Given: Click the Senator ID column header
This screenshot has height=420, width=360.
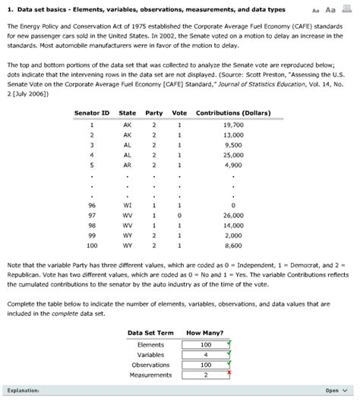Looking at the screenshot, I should click(91, 113).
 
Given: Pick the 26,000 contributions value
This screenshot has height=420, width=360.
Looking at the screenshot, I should click(233, 215).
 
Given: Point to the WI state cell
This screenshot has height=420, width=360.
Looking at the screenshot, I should click(127, 205).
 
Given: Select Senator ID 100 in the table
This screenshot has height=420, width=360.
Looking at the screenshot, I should click(91, 245).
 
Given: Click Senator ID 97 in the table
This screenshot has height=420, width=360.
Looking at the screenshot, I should click(91, 215).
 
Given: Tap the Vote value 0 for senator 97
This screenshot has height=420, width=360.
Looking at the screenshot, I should click(180, 215).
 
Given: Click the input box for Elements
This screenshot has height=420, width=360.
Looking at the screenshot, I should click(206, 344).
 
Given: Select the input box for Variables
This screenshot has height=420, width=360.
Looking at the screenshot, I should click(206, 354).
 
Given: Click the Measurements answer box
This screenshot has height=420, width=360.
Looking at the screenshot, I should click(206, 374).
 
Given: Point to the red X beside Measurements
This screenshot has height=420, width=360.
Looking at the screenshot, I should click(229, 373).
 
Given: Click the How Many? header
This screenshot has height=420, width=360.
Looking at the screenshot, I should click(204, 333).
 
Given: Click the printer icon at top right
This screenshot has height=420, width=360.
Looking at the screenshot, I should click(349, 10).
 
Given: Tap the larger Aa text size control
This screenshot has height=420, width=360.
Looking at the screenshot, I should click(330, 10).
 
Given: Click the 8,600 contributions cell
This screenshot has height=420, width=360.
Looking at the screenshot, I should click(233, 245).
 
